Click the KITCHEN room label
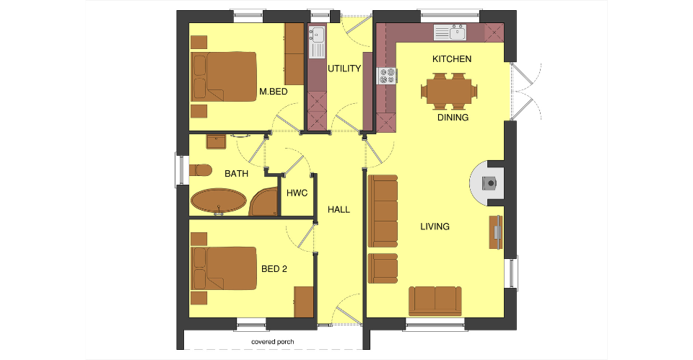(452, 58)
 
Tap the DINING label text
(453, 118)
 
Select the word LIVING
(435, 227)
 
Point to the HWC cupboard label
(297, 193)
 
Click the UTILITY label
(344, 69)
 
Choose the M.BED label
(273, 92)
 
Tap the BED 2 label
(274, 269)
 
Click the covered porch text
(273, 342)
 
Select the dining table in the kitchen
(449, 92)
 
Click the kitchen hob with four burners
(387, 76)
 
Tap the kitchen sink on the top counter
(450, 32)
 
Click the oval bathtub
(219, 201)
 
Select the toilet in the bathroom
(200, 170)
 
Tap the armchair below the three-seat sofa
(383, 268)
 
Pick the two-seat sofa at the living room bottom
(435, 301)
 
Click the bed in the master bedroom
(224, 77)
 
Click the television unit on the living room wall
(496, 232)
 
